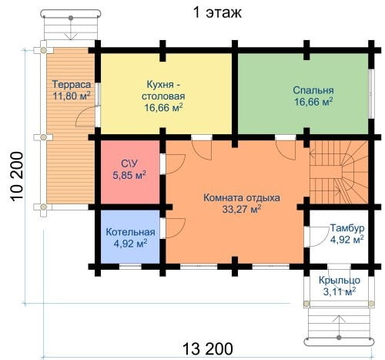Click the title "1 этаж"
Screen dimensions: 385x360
[x=217, y=12]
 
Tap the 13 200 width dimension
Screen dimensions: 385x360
[x=208, y=348]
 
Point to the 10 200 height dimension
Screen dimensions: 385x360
[x=17, y=176]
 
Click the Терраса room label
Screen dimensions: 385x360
[x=72, y=84]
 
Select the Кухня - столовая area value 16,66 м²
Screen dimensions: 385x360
[x=163, y=107]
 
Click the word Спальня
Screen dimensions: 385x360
[x=313, y=90]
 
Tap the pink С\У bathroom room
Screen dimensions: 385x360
[x=129, y=172]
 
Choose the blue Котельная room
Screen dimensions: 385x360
[x=130, y=237]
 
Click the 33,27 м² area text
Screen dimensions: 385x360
[x=242, y=210]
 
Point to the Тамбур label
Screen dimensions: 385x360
[x=347, y=227]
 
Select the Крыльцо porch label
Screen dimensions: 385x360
[x=340, y=280]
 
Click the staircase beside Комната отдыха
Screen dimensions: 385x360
[x=339, y=172]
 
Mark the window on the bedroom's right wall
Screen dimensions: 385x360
[x=371, y=94]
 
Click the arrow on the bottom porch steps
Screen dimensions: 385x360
[x=339, y=327]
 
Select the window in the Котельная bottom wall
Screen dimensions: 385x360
[x=130, y=267]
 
